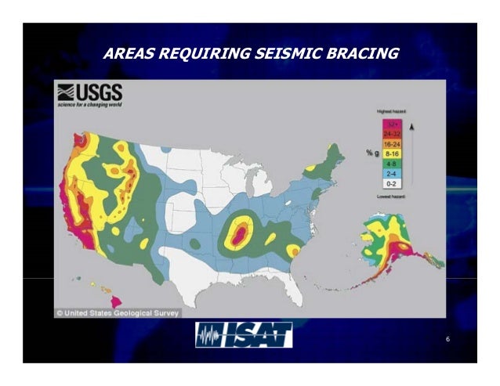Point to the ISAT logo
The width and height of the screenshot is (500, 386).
(x=244, y=335)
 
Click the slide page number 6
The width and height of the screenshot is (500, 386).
(x=447, y=339)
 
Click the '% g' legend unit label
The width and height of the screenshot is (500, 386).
(x=373, y=153)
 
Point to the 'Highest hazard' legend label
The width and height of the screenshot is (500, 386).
(x=391, y=113)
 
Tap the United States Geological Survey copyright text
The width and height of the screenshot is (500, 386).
(x=118, y=312)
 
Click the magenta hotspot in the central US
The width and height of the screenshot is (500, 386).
(x=241, y=231)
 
